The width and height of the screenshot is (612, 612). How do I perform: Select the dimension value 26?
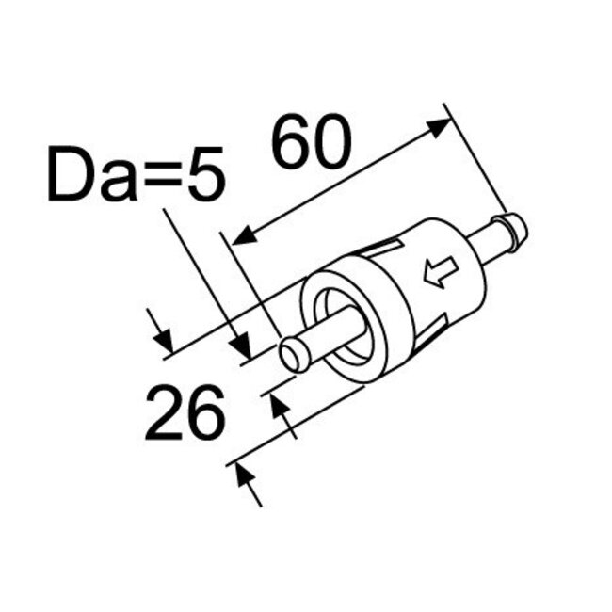point(185,414)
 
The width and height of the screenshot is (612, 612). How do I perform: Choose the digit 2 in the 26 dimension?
point(164,414)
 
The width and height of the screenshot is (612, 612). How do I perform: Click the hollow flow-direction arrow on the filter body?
point(440,274)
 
